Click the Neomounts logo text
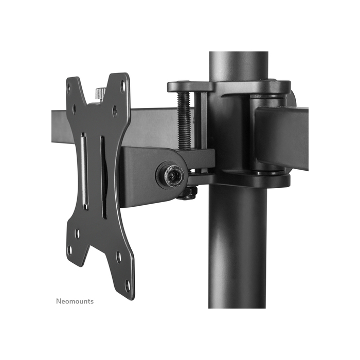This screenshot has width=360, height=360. coord(75,301)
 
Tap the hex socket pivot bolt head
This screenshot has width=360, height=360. coord(172,176)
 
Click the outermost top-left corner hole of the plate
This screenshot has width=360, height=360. coord(75,87)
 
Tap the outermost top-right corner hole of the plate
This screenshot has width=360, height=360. coord(122,85)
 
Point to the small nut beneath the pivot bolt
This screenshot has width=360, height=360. coord(188,194)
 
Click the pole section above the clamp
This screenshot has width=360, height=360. coord(238,65)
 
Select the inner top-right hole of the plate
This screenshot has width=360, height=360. coord(114,110)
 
